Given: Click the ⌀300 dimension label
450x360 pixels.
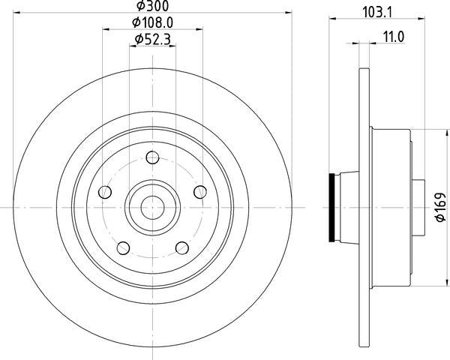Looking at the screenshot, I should click(151, 8).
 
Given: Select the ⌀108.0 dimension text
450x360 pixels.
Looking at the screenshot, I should click(152, 23).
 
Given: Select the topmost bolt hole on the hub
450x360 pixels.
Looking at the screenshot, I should click(152, 157).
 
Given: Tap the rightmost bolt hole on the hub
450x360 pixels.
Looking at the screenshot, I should click(199, 192).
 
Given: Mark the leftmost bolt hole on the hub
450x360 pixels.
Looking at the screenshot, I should click(105, 193).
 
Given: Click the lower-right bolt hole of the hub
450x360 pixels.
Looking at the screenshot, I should click(181, 248).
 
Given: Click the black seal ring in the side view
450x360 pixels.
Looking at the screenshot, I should click(332, 207).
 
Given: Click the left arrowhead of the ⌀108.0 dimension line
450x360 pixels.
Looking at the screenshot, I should click(105, 29).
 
